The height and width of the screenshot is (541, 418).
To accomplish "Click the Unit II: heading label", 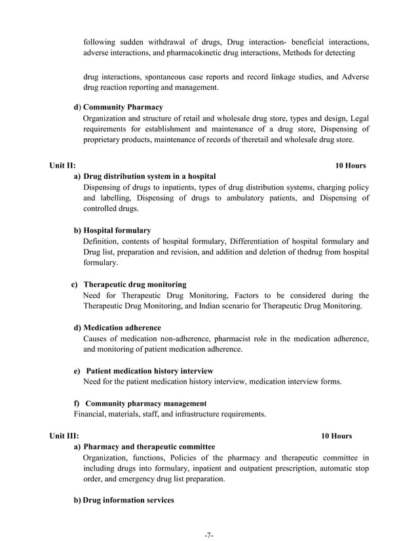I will click(x=62, y=165).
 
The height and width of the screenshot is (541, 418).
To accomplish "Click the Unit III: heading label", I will click(x=64, y=436).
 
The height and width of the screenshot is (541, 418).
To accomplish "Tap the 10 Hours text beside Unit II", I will click(x=350, y=165).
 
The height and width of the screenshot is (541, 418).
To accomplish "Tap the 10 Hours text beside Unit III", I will click(x=336, y=436).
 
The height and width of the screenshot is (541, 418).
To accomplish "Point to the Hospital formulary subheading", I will click(x=117, y=230).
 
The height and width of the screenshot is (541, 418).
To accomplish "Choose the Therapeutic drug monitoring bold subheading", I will click(x=135, y=284).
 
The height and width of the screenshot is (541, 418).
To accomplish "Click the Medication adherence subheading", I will click(x=122, y=327).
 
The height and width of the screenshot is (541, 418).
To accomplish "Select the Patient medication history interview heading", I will click(x=149, y=371).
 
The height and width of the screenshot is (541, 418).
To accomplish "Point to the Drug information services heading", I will click(x=128, y=500).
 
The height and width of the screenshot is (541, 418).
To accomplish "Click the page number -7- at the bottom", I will click(x=208, y=535).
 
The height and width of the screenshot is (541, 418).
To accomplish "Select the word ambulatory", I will click(x=253, y=198).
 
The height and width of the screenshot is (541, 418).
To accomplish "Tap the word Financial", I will click(x=91, y=414).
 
